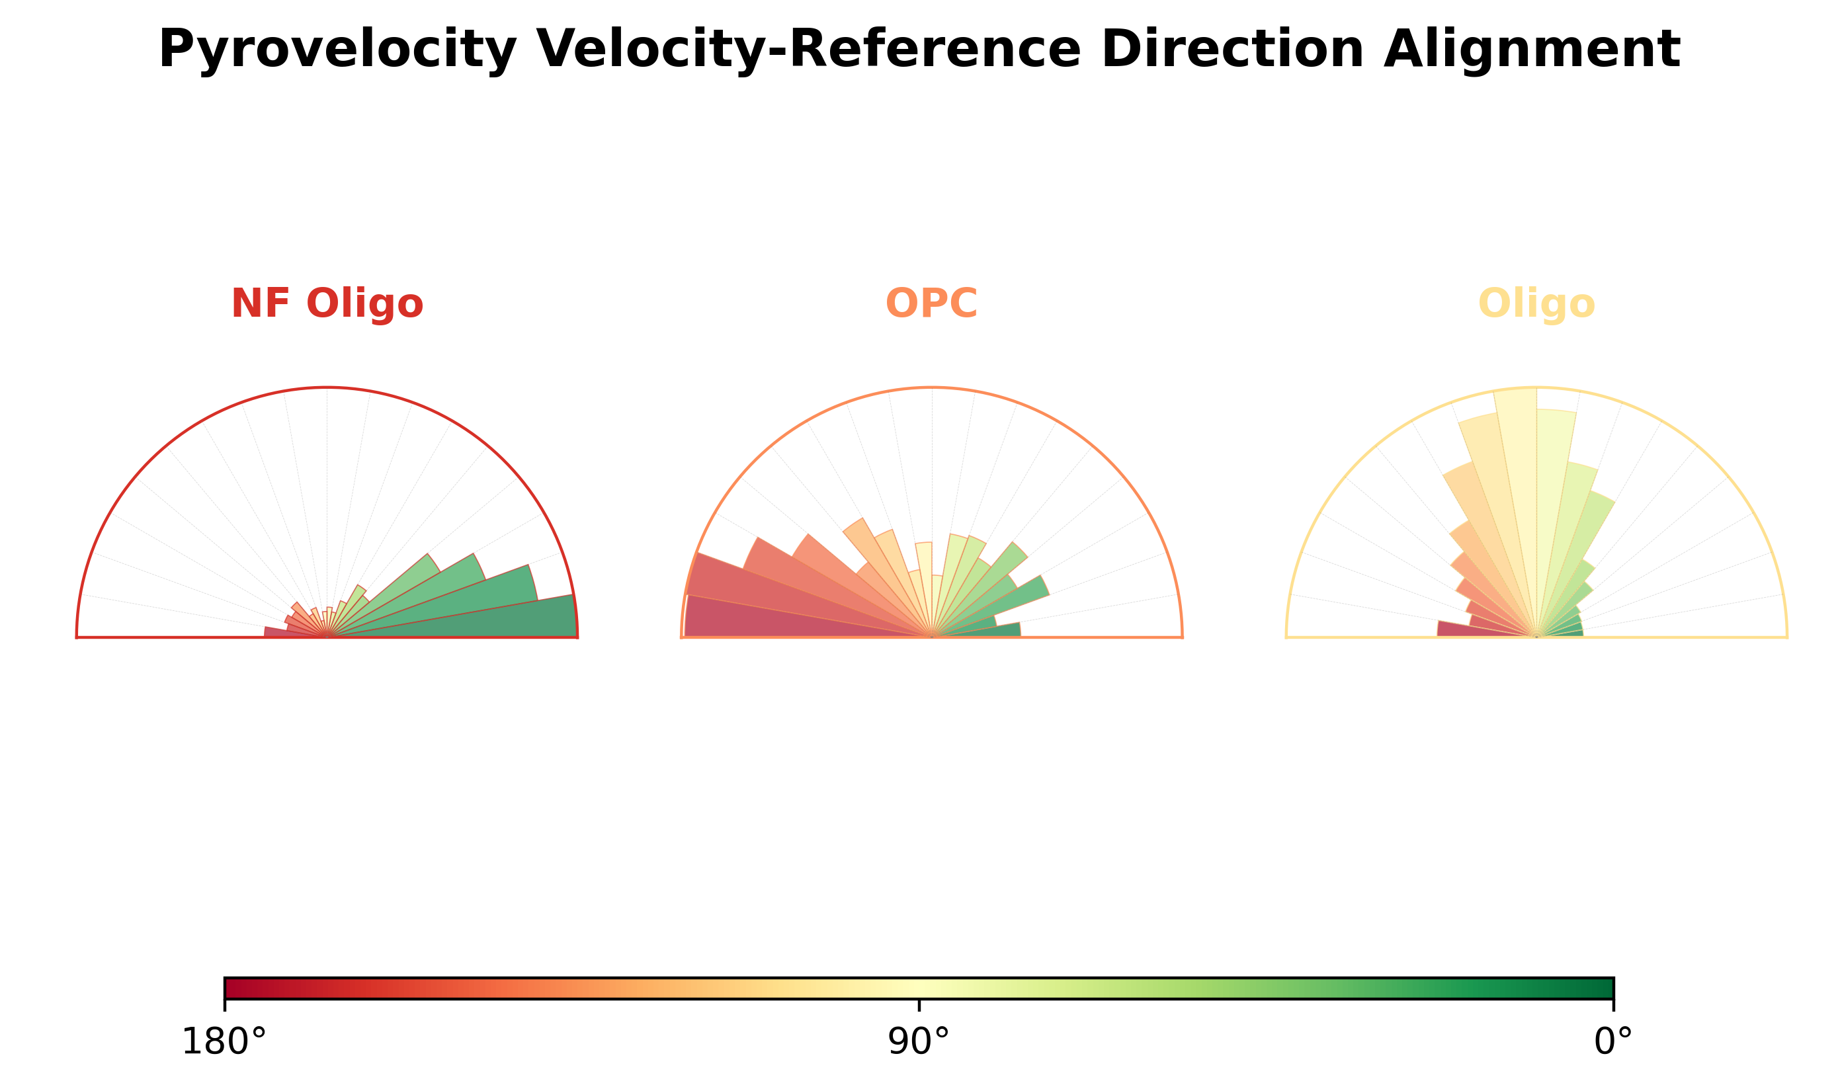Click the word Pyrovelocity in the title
coord(337,50)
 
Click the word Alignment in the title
coord(1531,50)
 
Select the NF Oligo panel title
coord(327,303)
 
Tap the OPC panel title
coord(931,303)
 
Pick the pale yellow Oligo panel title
coord(1536,303)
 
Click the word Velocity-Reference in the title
coord(808,50)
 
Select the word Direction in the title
coord(1232,50)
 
